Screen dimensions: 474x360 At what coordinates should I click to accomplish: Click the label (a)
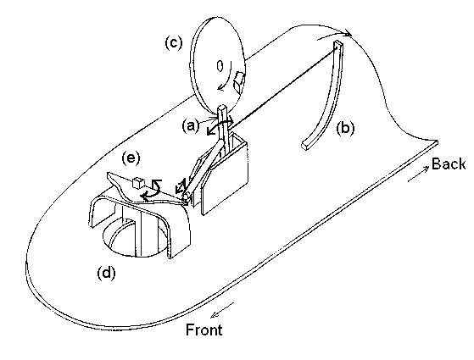tap(191, 125)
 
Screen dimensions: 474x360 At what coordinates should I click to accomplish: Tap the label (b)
tap(345, 129)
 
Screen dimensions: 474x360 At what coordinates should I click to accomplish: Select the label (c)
tap(174, 42)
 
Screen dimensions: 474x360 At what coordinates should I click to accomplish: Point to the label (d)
tap(106, 274)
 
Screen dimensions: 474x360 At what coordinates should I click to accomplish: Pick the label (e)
tap(131, 158)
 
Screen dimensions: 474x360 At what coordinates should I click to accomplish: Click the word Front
tap(204, 330)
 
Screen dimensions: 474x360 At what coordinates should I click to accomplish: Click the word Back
tap(449, 163)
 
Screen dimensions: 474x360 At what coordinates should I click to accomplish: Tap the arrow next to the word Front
tap(222, 310)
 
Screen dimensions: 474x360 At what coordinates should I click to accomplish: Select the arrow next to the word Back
tap(418, 174)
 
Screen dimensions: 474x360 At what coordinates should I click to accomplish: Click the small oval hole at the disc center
tap(220, 65)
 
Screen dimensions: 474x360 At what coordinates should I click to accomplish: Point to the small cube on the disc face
tap(239, 82)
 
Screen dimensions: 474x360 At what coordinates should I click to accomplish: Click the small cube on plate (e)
tap(138, 182)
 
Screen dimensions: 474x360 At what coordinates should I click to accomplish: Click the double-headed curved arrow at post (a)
tap(220, 126)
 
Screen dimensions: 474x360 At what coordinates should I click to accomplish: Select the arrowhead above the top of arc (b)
tap(348, 33)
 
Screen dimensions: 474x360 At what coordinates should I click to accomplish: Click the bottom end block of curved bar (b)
tap(306, 146)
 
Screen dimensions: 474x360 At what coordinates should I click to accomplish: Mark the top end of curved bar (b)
tap(338, 44)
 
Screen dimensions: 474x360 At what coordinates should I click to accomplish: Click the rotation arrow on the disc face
tap(226, 77)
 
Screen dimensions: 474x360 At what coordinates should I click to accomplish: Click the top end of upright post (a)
tap(222, 108)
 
